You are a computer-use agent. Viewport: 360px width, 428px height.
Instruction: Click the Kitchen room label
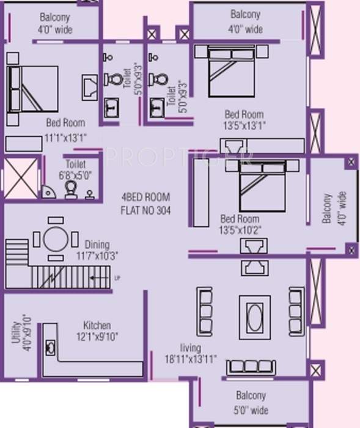point(97,325)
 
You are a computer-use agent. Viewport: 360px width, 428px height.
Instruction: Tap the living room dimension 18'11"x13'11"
point(190,359)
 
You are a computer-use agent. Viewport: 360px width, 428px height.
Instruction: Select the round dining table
point(56,238)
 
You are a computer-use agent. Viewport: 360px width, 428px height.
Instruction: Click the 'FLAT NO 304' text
point(146,210)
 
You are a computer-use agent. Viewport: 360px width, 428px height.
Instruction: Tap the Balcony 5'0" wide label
point(251,403)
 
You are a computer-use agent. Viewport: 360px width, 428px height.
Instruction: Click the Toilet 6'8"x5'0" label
point(76,169)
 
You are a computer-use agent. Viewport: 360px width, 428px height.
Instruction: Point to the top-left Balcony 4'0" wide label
point(54,23)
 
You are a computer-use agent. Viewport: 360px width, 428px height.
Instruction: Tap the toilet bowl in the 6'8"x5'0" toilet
point(72,189)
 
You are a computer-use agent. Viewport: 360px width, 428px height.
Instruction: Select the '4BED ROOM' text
point(146,197)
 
